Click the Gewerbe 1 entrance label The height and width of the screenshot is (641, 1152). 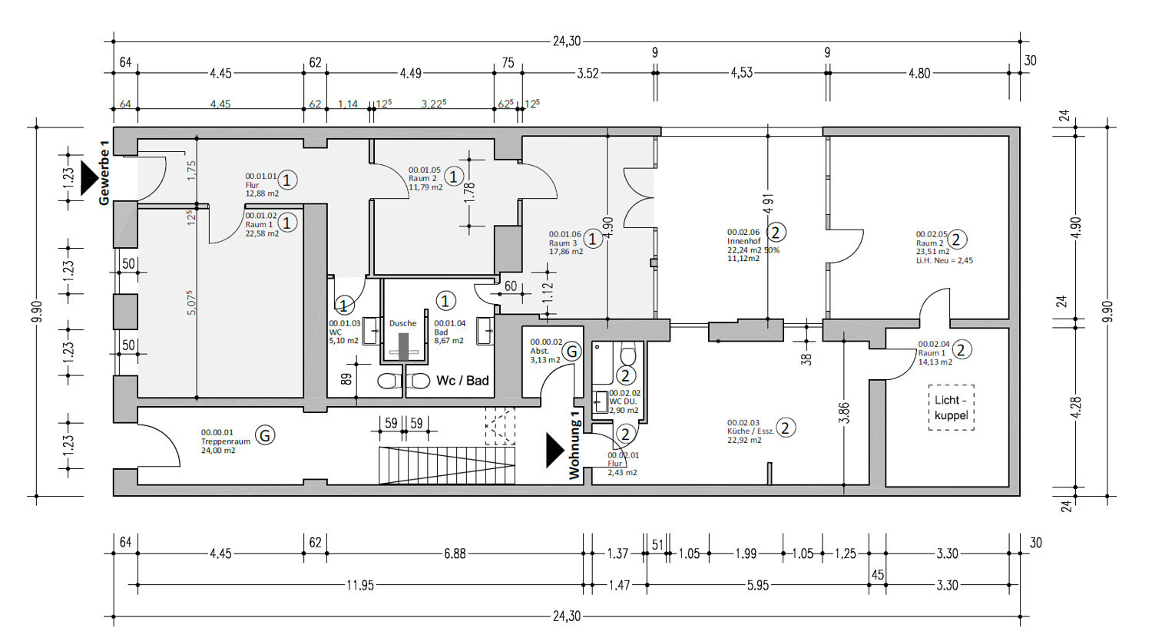[104, 173]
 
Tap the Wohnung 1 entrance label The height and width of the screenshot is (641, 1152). [574, 445]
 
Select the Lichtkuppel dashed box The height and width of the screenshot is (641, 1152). [951, 408]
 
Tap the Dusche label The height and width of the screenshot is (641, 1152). [402, 323]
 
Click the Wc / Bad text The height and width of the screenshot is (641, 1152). [462, 380]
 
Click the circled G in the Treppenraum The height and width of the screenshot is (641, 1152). [265, 435]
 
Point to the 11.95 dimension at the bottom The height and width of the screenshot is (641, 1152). [359, 586]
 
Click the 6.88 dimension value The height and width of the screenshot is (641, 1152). [455, 553]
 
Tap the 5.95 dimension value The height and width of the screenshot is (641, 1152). [757, 586]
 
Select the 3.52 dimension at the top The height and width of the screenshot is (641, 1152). [588, 74]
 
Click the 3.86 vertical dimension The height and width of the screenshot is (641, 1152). [845, 413]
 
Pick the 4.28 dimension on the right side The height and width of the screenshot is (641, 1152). [1075, 408]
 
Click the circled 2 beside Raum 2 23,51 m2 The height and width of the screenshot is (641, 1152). [958, 240]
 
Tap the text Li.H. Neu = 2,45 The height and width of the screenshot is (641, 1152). [944, 261]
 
